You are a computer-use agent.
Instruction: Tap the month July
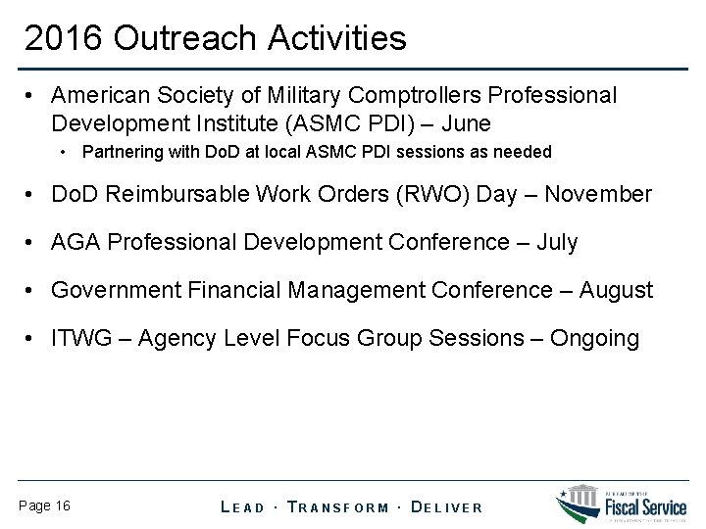click(x=558, y=242)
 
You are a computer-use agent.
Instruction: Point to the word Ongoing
click(x=595, y=338)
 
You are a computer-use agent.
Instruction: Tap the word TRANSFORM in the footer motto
click(x=341, y=506)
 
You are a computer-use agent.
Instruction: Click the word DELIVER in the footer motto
click(x=447, y=506)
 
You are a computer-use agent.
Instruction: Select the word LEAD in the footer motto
click(x=243, y=506)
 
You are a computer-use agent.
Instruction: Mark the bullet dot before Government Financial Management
click(x=34, y=291)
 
